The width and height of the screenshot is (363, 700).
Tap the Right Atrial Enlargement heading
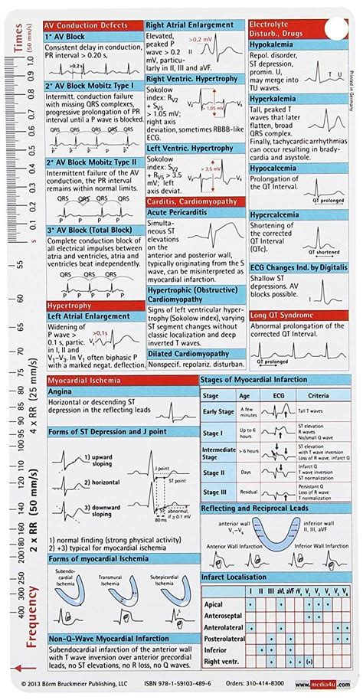click(190, 25)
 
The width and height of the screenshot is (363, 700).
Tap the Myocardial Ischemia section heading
click(84, 380)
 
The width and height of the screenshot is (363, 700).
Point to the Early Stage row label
click(217, 411)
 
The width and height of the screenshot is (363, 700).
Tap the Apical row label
click(214, 604)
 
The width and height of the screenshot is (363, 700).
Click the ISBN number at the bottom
click(204, 687)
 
